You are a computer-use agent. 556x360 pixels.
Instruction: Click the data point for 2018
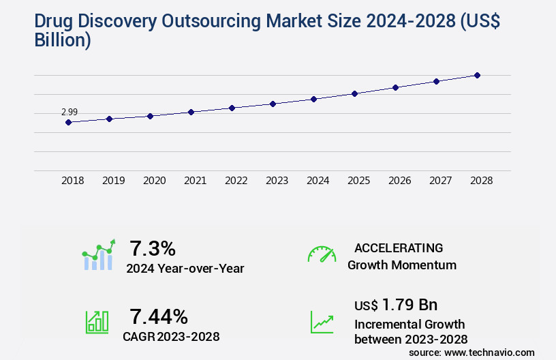[x=68, y=122]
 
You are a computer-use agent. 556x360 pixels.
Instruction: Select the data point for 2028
[x=477, y=75]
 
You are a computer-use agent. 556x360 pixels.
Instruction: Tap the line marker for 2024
[x=313, y=99]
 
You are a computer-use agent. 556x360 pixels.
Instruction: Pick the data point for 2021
[x=191, y=112]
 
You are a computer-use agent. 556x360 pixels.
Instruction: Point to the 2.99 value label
[x=69, y=112]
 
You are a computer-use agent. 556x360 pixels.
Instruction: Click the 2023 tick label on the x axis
[x=277, y=181]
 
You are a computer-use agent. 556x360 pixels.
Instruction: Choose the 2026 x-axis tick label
[x=399, y=181]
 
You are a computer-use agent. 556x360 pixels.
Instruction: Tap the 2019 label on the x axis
[x=113, y=181]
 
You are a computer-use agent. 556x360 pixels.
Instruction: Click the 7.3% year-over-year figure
[x=153, y=247]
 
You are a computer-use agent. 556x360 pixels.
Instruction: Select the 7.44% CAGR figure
[x=159, y=316]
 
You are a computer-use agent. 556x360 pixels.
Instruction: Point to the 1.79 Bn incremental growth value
[x=396, y=304]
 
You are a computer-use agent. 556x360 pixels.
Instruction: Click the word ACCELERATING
[x=399, y=248]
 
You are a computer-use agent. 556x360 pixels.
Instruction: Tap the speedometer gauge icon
[x=322, y=254]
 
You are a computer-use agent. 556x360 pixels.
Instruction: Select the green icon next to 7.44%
[x=97, y=322]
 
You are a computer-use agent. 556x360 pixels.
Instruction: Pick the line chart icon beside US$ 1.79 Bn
[x=322, y=322]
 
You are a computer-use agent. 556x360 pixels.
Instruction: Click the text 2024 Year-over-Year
[x=185, y=269]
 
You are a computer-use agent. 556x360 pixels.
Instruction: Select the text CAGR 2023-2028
[x=171, y=337]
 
